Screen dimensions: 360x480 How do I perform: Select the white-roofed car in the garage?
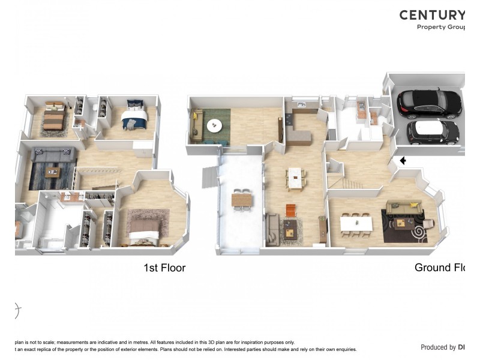pos(433,132)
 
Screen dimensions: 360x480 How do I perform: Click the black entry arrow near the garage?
pos(403,160)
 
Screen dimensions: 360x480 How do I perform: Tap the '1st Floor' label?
pos(164,268)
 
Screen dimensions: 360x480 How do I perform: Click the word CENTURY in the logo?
pos(432,15)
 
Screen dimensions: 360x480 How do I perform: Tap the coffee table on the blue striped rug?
pos(55,173)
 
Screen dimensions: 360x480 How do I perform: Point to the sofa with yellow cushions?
pos(404,208)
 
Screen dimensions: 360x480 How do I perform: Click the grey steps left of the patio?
pos(208,175)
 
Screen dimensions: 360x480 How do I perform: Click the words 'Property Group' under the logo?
pos(441,27)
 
